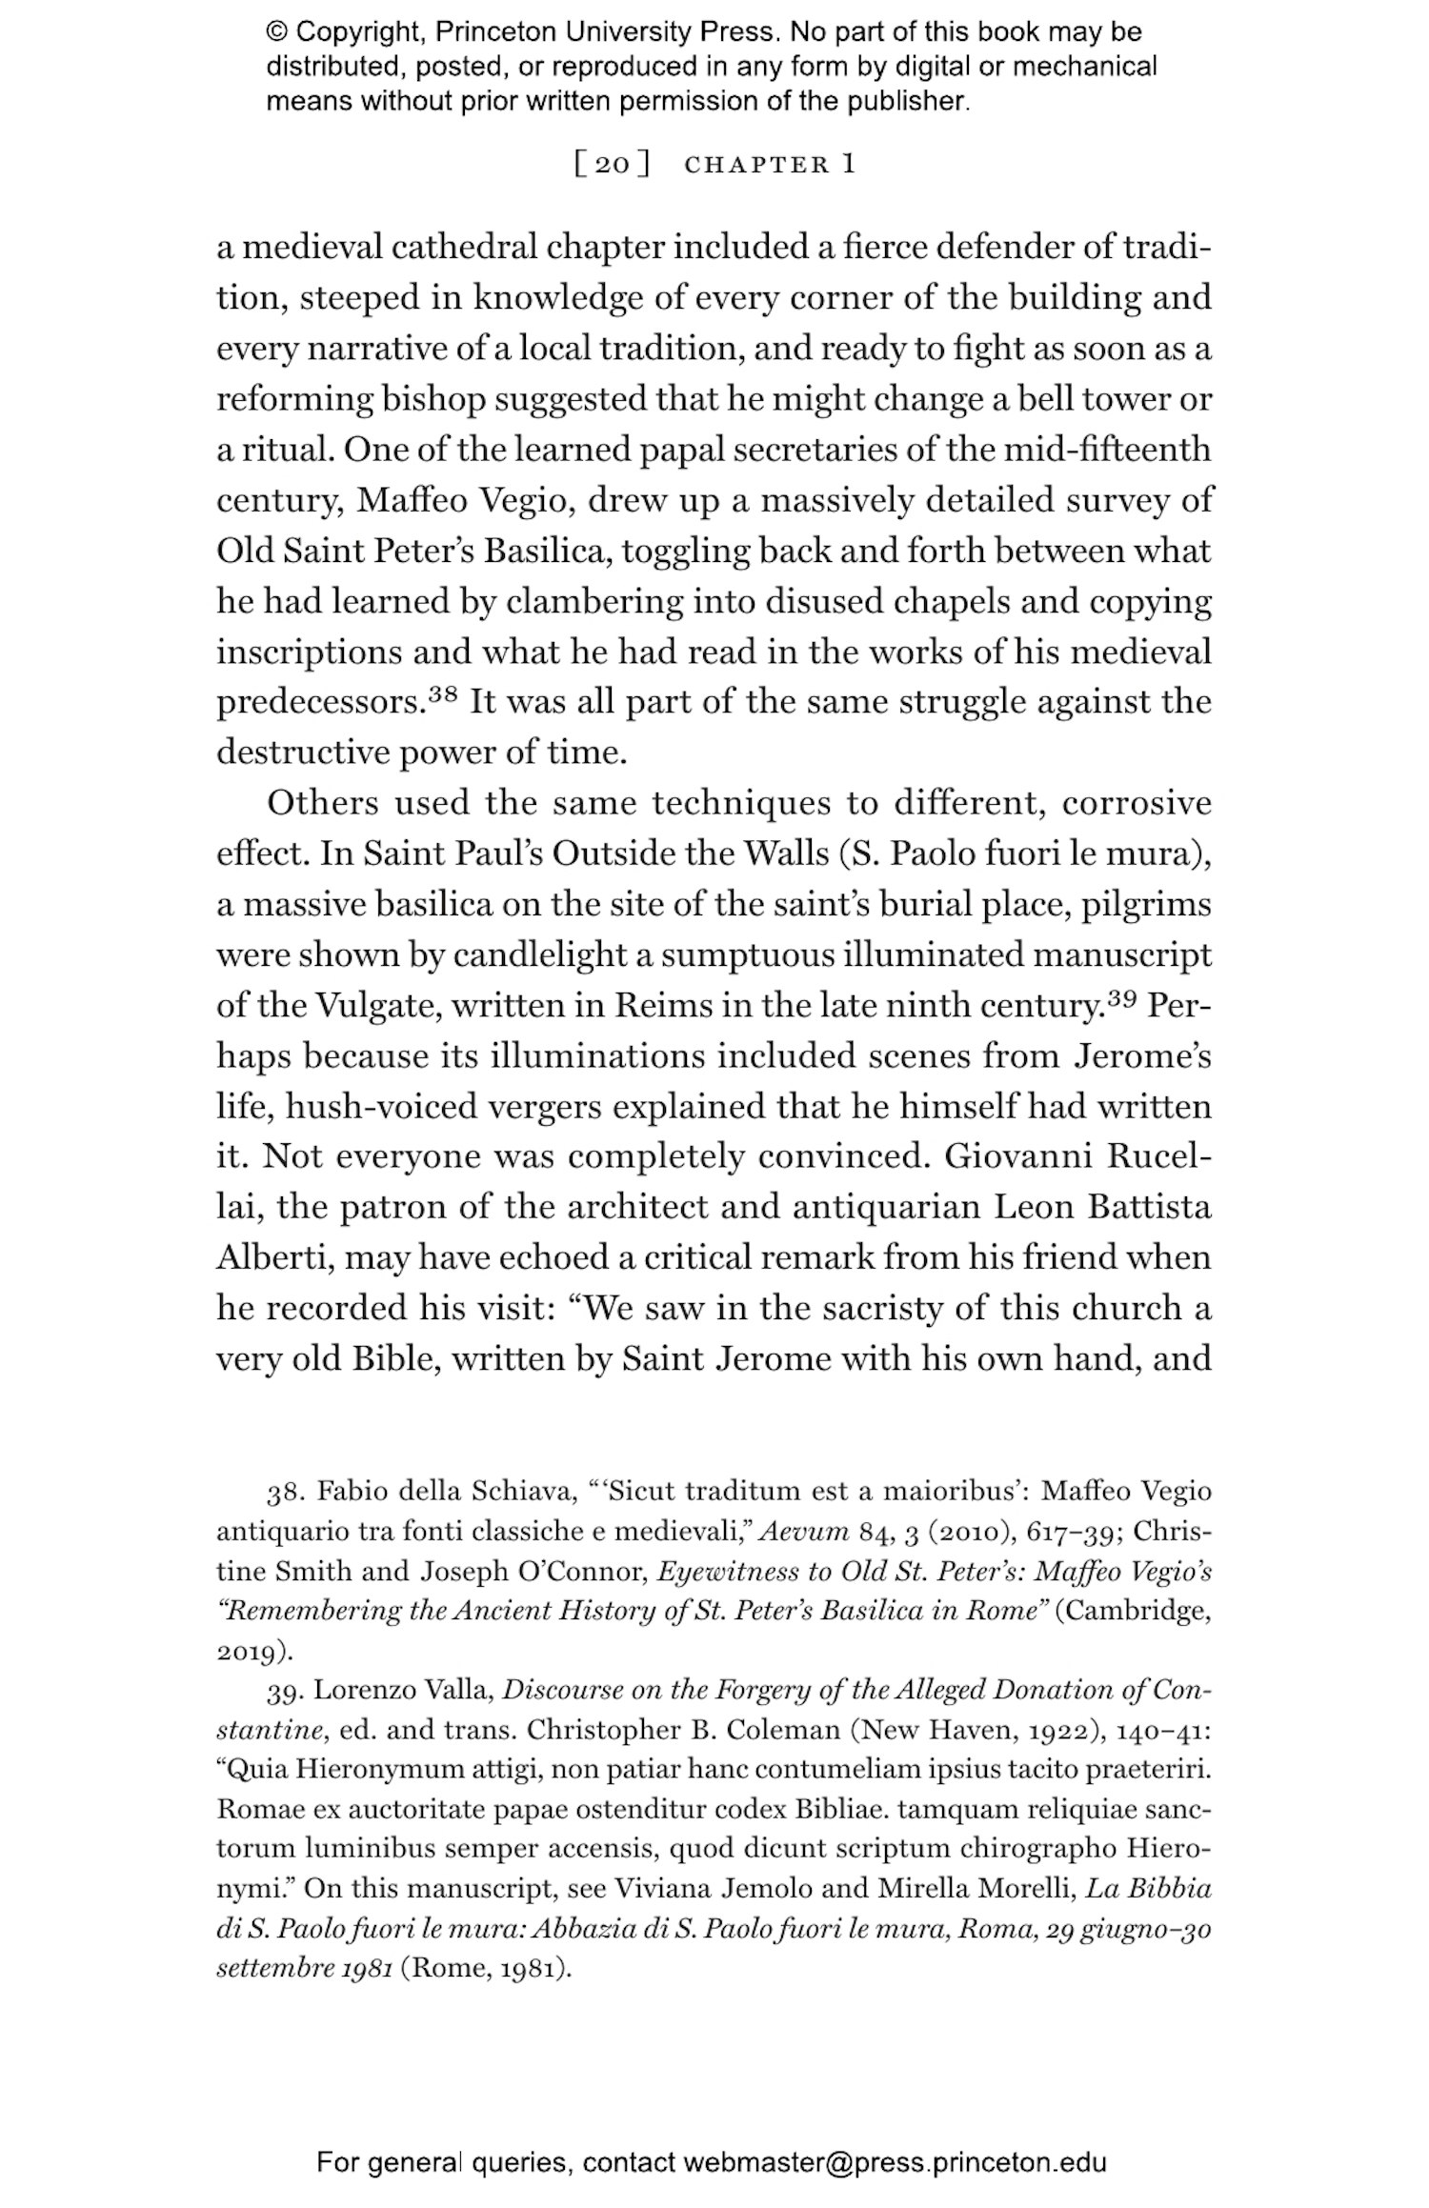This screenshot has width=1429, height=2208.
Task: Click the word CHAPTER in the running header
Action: [x=756, y=165]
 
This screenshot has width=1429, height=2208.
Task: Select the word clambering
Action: [x=594, y=602]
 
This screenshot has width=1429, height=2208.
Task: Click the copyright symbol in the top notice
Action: [x=276, y=32]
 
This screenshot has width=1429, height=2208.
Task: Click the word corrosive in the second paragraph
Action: [x=1136, y=804]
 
